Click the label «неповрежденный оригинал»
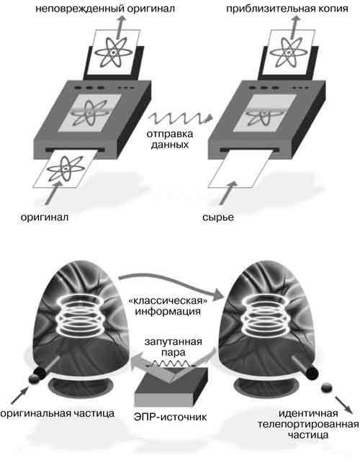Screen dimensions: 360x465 [x=105, y=9]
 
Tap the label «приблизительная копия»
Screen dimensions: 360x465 [x=287, y=9]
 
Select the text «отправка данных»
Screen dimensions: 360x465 [x=170, y=139]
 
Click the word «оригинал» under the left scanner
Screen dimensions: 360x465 [x=45, y=217]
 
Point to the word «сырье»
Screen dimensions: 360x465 [x=218, y=217]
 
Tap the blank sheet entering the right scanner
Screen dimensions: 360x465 [x=240, y=169]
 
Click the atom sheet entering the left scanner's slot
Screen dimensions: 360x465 [x=66, y=169]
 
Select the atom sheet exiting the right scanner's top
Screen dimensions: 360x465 [x=289, y=53]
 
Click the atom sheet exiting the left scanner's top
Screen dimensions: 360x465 [x=114, y=53]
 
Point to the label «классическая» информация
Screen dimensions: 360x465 [x=168, y=306]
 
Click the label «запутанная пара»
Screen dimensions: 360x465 [x=174, y=347]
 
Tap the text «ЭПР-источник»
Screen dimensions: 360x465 [x=170, y=417]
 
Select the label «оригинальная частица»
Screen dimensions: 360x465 [x=58, y=413]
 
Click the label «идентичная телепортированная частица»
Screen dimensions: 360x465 [x=308, y=424]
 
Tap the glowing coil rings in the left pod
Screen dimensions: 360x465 [x=80, y=315]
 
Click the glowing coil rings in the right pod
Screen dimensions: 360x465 [x=266, y=315]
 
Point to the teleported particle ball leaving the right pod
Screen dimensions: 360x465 [x=327, y=388]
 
